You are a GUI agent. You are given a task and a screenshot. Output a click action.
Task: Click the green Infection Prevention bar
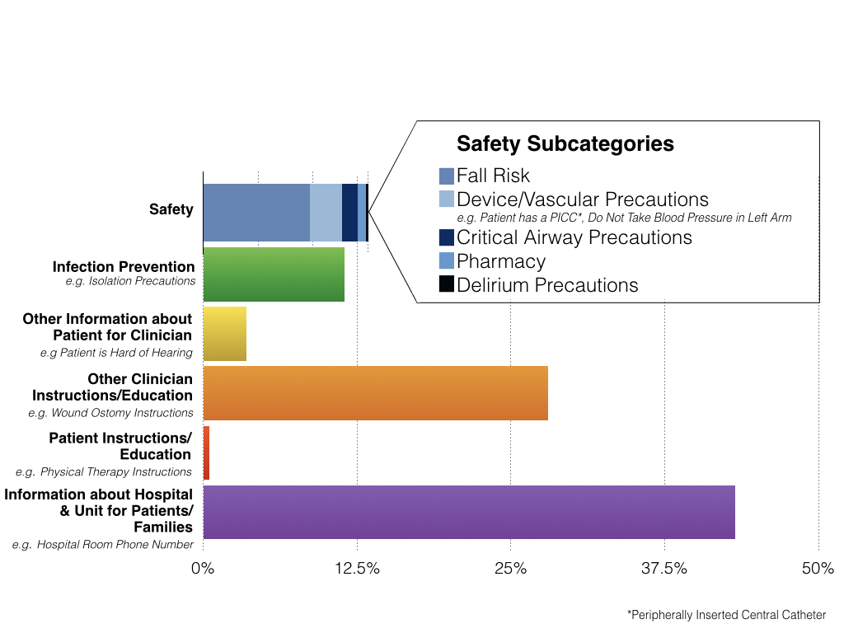(x=274, y=274)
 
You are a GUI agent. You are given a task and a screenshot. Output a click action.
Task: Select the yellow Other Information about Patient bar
(x=224, y=334)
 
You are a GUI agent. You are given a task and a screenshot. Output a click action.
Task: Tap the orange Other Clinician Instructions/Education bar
(x=375, y=393)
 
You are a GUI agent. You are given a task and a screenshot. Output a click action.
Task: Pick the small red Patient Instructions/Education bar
(x=206, y=453)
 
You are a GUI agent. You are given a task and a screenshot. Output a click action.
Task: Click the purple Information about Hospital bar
(x=468, y=512)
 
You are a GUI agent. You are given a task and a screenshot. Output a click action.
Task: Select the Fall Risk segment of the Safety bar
(x=256, y=213)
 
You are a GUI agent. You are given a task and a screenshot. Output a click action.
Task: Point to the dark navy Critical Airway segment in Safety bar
(x=349, y=213)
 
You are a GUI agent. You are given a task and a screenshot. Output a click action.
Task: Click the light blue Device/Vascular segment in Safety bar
(x=326, y=213)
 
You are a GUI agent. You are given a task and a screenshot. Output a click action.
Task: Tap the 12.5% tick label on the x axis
(x=357, y=569)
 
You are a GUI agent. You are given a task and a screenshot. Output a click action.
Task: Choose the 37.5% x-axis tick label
(x=664, y=569)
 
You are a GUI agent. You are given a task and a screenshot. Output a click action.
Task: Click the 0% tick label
(x=203, y=569)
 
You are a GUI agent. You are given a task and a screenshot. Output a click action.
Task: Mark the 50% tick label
(x=818, y=569)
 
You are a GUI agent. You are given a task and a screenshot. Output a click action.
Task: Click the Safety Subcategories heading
(x=565, y=144)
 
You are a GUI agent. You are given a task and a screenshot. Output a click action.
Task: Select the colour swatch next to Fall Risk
(x=447, y=176)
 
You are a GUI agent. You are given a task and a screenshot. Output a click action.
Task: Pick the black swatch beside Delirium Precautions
(x=447, y=284)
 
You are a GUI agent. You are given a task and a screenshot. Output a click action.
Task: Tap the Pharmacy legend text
(x=501, y=261)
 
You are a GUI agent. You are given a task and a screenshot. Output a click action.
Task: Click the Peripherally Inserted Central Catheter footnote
(x=726, y=615)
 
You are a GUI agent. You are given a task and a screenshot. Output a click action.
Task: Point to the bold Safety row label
(x=171, y=209)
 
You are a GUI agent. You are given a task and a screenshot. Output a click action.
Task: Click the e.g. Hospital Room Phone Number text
(x=103, y=545)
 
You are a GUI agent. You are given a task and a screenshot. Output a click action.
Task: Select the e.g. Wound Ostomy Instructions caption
(x=110, y=413)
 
